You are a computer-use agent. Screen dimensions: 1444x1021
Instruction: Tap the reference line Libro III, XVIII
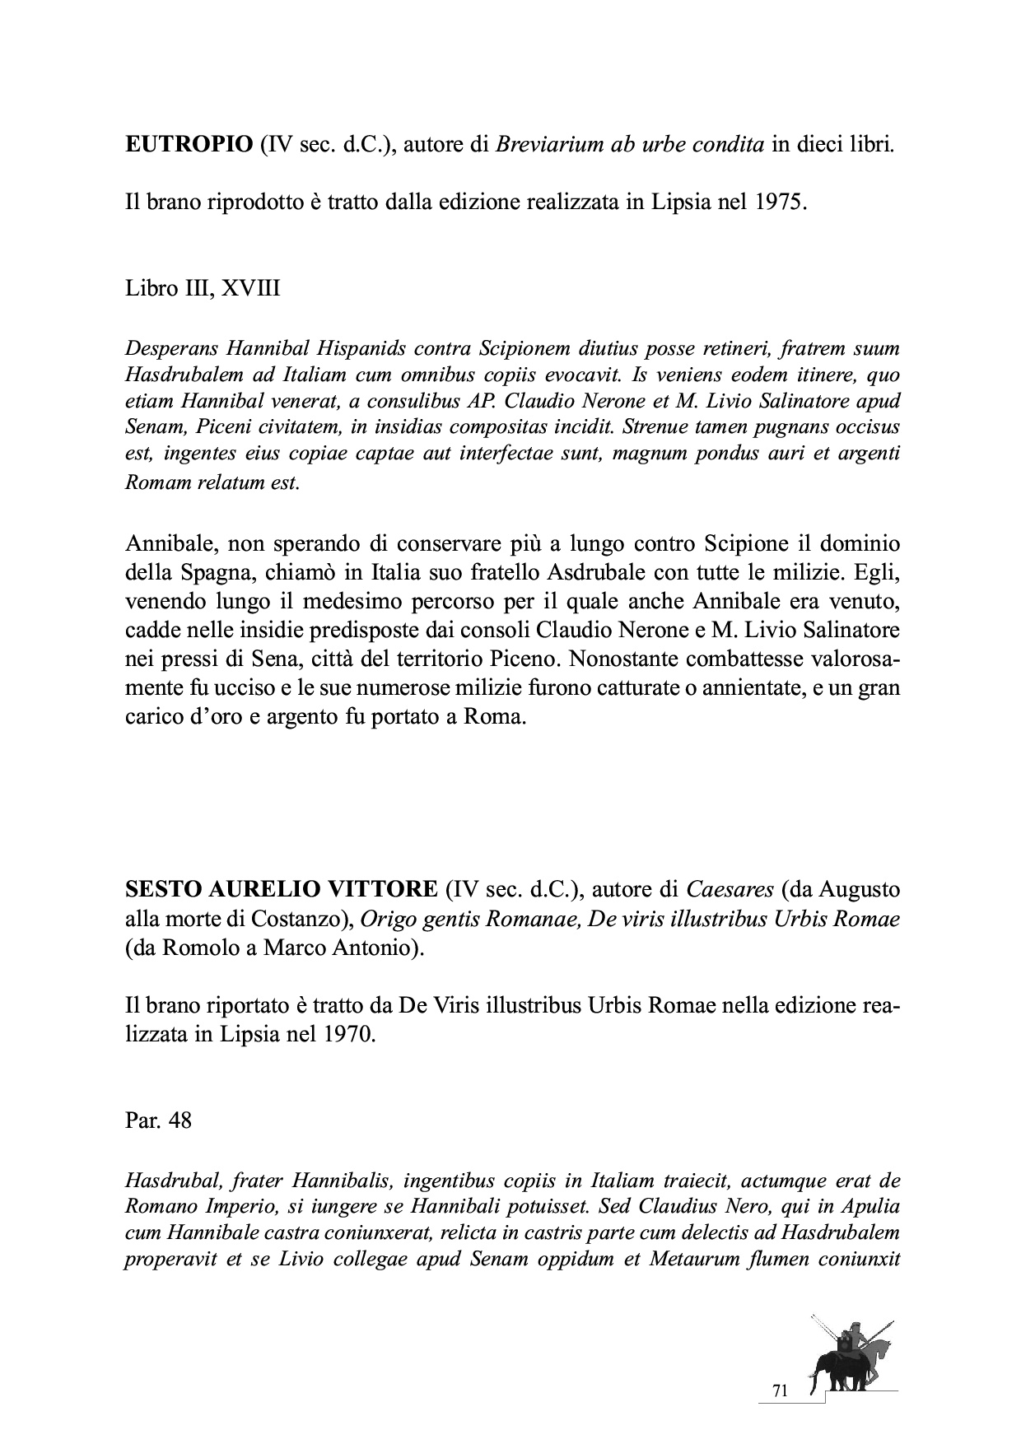(203, 288)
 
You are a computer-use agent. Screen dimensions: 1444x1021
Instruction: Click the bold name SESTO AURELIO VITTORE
(281, 889)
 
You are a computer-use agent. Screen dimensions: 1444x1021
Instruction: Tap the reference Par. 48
(158, 1120)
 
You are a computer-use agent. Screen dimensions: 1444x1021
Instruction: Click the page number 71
(781, 1390)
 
